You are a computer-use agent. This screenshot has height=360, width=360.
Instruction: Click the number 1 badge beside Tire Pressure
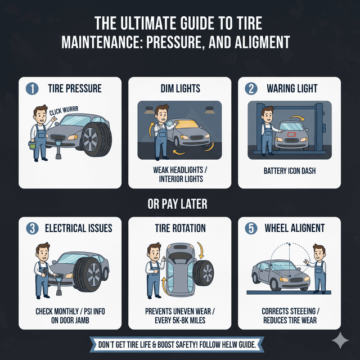[31, 89]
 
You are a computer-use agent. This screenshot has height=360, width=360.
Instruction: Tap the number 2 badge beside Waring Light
[251, 89]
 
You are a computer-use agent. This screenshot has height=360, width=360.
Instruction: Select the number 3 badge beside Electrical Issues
[31, 228]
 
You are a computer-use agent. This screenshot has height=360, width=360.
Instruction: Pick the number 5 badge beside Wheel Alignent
[251, 228]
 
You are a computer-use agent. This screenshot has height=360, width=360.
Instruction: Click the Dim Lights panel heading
[180, 89]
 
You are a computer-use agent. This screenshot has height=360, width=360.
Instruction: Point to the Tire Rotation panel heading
[180, 228]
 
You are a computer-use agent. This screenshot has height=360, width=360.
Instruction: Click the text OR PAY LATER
[180, 203]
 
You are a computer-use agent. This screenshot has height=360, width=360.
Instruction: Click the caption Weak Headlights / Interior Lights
[180, 174]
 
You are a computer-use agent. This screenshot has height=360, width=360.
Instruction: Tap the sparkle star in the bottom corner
[340, 340]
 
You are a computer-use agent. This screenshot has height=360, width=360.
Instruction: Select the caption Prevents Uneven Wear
[180, 311]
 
